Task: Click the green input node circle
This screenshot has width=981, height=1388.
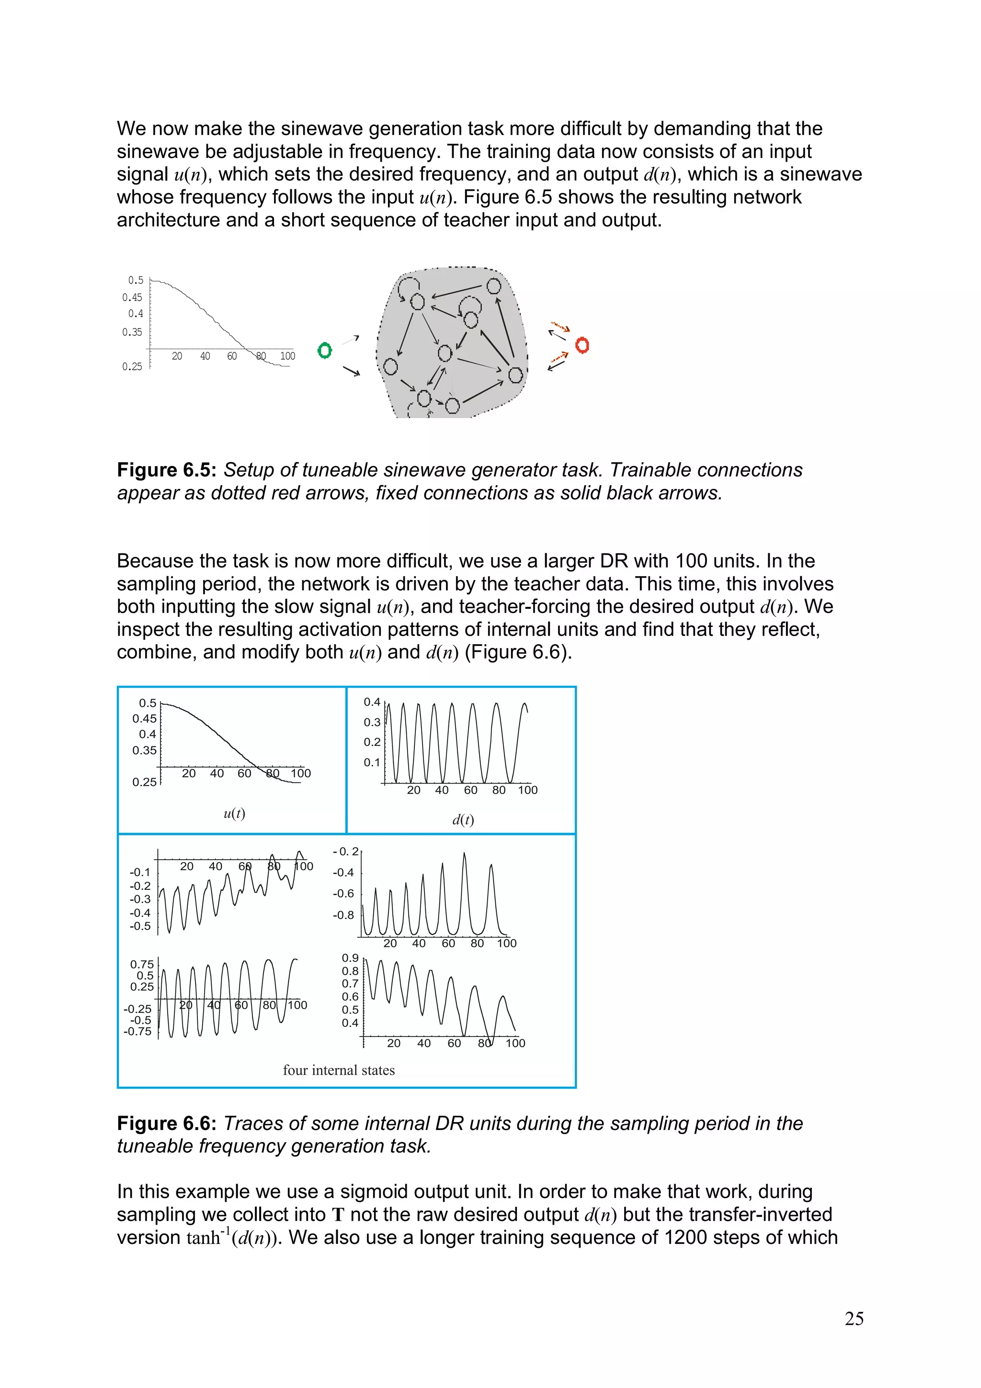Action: pyautogui.click(x=325, y=350)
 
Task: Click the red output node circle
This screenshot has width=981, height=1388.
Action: pyautogui.click(x=582, y=345)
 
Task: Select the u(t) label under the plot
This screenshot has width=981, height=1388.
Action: pyautogui.click(x=235, y=813)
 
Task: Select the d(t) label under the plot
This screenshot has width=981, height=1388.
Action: pyautogui.click(x=463, y=820)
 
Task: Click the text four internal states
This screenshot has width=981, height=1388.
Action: pyautogui.click(x=339, y=1070)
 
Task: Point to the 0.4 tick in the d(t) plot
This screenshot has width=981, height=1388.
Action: pyautogui.click(x=372, y=702)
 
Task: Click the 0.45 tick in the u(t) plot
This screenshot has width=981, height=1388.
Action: pyautogui.click(x=145, y=719)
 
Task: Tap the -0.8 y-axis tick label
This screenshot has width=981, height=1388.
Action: pyautogui.click(x=343, y=915)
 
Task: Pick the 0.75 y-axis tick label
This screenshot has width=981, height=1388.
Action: pyautogui.click(x=142, y=964)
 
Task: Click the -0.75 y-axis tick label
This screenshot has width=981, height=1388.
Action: pyautogui.click(x=138, y=1031)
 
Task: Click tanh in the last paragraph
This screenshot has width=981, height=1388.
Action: pyautogui.click(x=203, y=1239)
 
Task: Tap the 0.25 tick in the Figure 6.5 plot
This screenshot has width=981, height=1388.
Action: pyautogui.click(x=132, y=366)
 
